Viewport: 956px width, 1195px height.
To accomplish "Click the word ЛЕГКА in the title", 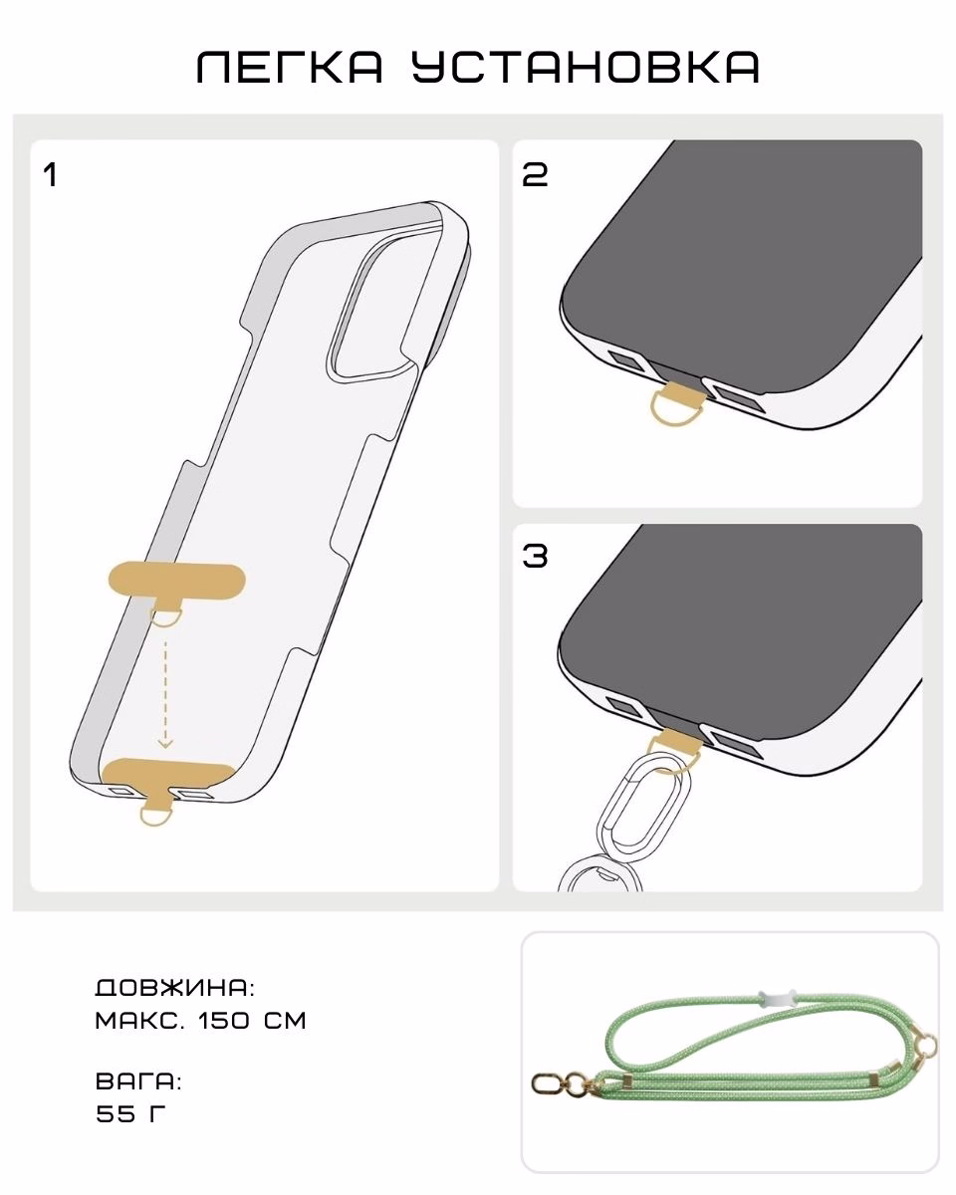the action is (290, 67).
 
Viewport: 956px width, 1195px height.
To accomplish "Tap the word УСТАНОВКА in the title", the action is (586, 67).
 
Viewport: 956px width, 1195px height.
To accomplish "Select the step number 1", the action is (51, 175).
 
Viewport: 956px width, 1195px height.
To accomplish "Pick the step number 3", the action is (535, 556).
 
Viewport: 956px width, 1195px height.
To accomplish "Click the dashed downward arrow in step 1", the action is (165, 695).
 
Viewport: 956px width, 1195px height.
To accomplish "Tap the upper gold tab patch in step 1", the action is (176, 581).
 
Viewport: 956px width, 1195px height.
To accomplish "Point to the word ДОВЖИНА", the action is (175, 988).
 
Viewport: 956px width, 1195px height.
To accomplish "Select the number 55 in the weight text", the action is (115, 1113).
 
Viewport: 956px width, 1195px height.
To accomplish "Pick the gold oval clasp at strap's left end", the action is (549, 1083).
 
